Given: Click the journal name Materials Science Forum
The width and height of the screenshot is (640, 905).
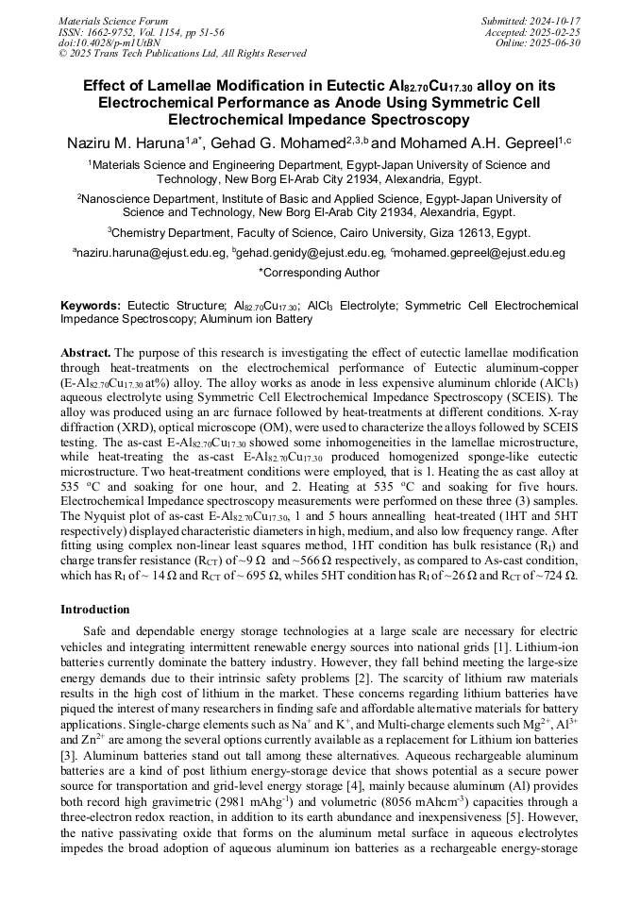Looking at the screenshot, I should tap(113, 20).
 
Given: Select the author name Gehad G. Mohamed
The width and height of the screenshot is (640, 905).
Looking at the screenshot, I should tap(283, 142).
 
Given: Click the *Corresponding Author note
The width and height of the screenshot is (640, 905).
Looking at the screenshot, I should tap(319, 273).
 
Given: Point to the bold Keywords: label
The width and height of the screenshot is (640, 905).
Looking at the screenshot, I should tap(91, 307).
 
